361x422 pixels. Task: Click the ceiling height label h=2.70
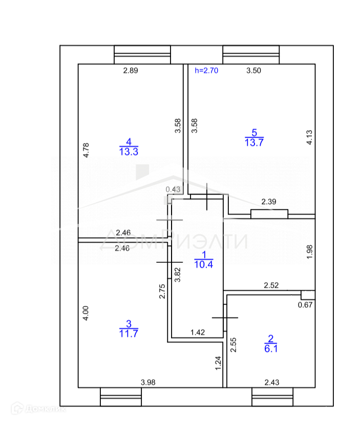pyautogui.click(x=207, y=71)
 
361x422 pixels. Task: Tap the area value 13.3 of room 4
pyautogui.click(x=129, y=151)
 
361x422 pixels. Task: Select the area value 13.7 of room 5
pyautogui.click(x=254, y=143)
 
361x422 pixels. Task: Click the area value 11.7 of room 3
pyautogui.click(x=129, y=333)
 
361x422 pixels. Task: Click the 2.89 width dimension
pyautogui.click(x=131, y=71)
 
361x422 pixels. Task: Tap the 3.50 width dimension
pyautogui.click(x=253, y=71)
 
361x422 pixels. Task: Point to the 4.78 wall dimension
pyautogui.click(x=86, y=150)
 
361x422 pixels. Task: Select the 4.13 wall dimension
pyautogui.click(x=309, y=138)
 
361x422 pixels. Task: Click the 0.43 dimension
pyautogui.click(x=173, y=189)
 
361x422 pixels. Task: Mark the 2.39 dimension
pyautogui.click(x=269, y=202)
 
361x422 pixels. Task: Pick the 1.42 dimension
pyautogui.click(x=198, y=332)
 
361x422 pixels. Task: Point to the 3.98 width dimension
pyautogui.click(x=148, y=382)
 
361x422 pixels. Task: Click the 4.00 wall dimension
pyautogui.click(x=86, y=313)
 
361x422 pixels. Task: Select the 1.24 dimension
pyautogui.click(x=218, y=363)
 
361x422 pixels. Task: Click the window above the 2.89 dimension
pyautogui.click(x=142, y=54)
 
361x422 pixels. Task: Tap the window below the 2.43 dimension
pyautogui.click(x=272, y=396)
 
